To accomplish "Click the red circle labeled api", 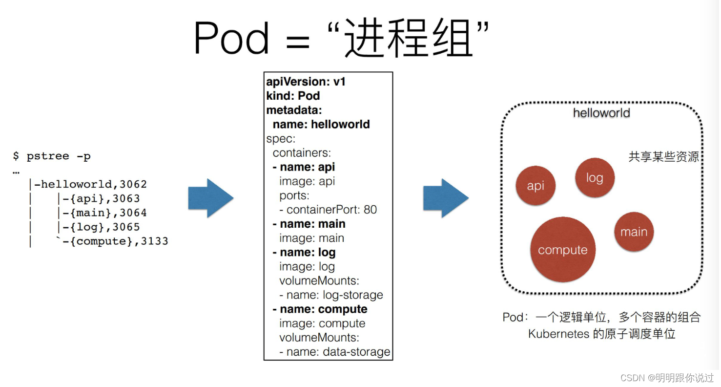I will pos(536,186).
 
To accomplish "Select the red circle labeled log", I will pos(595,178).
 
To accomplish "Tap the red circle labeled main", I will pos(634,232).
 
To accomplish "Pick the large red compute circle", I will pos(563,250).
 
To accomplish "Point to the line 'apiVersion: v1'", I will pos(306,82).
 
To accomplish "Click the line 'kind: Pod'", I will pos(293,96).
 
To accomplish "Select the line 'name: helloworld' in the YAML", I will pos(321,124).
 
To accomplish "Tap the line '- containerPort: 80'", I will pos(328,210).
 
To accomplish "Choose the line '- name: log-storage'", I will pos(331,295).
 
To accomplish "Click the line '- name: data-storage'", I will pos(334,352).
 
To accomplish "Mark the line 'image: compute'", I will pos(322,323).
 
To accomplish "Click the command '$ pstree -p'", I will pos(52,156).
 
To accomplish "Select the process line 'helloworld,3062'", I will pos(90,184).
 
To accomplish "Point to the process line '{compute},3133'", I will pos(115,241).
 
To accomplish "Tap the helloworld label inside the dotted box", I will pos(601,113).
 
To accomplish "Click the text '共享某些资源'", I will pos(664,157).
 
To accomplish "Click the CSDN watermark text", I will pos(667,378).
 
